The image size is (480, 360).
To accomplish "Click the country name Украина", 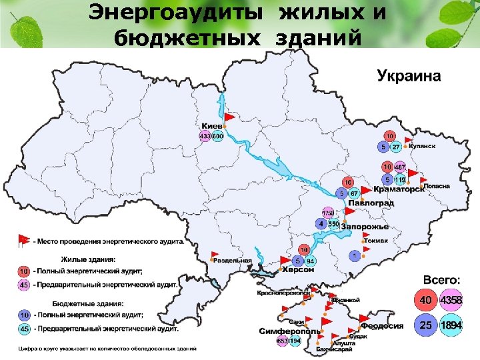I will (409, 75).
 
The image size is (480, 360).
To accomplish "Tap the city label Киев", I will (211, 125).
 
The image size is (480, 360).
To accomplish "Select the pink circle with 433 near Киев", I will (205, 136).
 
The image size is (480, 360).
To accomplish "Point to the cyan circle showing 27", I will (396, 147).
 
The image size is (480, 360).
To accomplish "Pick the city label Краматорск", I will (399, 189).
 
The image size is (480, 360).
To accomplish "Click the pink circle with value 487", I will (400, 167).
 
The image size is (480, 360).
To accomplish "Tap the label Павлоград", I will (370, 202).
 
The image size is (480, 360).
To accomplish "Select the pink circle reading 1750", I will (327, 213).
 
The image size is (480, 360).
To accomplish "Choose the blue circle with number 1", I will (355, 255).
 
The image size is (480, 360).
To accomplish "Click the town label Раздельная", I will (232, 261).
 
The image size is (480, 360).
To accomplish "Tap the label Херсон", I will (297, 270).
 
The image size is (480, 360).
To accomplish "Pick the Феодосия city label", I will (383, 326).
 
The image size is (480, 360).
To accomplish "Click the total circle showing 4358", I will (451, 301).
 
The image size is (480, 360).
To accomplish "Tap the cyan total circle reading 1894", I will (451, 326).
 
